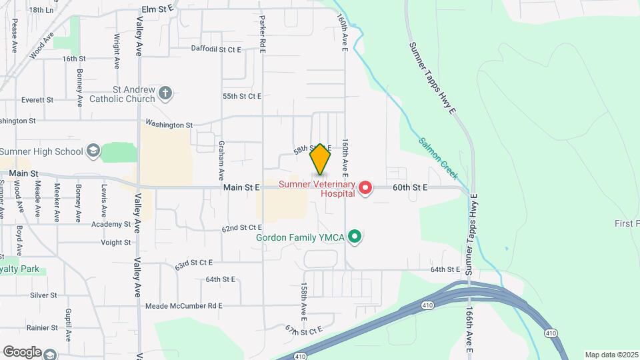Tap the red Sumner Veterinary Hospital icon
tap(365, 188)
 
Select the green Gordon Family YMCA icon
tap(355, 237)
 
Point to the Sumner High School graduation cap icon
tap(93, 151)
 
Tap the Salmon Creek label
tap(438, 158)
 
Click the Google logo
tap(22, 352)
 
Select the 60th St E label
tap(409, 188)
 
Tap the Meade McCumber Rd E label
tap(183, 306)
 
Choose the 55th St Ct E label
tap(242, 96)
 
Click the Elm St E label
tap(157, 9)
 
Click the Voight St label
tap(115, 243)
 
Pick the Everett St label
tap(37, 100)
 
